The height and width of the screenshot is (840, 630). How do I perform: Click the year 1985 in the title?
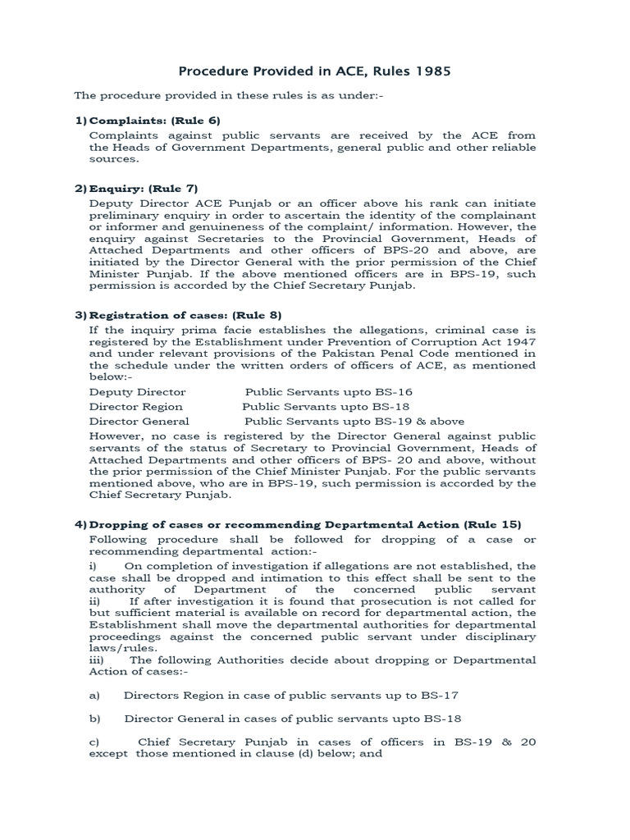[x=433, y=71]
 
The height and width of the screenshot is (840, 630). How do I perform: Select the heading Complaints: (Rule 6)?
[x=154, y=121]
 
